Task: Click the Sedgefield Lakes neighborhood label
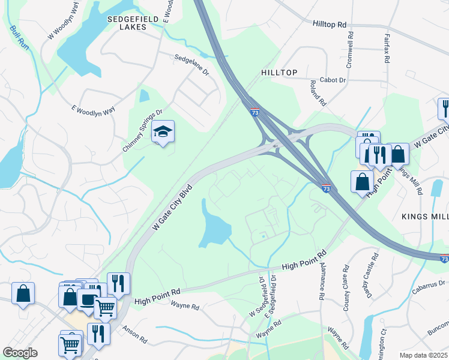(133, 23)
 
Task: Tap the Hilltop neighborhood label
(279, 72)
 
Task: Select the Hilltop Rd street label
(330, 25)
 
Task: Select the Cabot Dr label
(333, 80)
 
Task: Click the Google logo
(20, 353)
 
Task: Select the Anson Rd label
(135, 334)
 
